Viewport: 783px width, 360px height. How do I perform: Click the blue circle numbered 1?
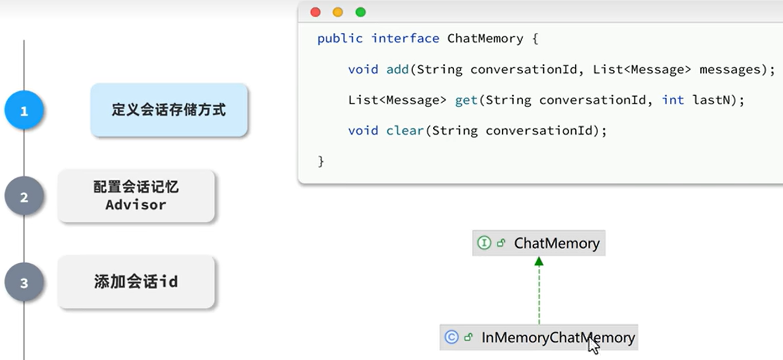click(24, 110)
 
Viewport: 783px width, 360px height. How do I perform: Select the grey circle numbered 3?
click(24, 282)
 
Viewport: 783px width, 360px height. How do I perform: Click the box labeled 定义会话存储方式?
click(169, 110)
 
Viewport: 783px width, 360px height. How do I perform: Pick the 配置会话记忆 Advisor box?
click(136, 196)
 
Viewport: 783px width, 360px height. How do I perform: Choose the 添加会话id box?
click(136, 282)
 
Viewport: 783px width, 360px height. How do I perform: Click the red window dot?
click(315, 12)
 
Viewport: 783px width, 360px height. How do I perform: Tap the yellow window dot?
click(338, 12)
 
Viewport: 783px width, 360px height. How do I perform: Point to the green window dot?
click(361, 12)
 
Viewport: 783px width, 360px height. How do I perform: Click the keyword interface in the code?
click(405, 38)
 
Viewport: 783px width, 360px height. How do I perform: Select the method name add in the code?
click(397, 69)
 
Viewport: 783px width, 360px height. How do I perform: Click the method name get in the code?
click(466, 100)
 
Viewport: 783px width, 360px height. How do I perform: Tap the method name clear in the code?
click(405, 130)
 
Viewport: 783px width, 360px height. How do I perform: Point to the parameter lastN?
click(711, 100)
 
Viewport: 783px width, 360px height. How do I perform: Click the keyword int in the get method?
click(673, 100)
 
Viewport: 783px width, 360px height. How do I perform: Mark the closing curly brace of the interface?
click(321, 161)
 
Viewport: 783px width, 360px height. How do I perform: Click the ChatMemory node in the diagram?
click(539, 243)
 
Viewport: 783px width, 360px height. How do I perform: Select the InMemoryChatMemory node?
click(539, 338)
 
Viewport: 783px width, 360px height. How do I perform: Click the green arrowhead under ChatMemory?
click(539, 261)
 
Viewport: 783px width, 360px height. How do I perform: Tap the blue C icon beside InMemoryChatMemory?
click(451, 337)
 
